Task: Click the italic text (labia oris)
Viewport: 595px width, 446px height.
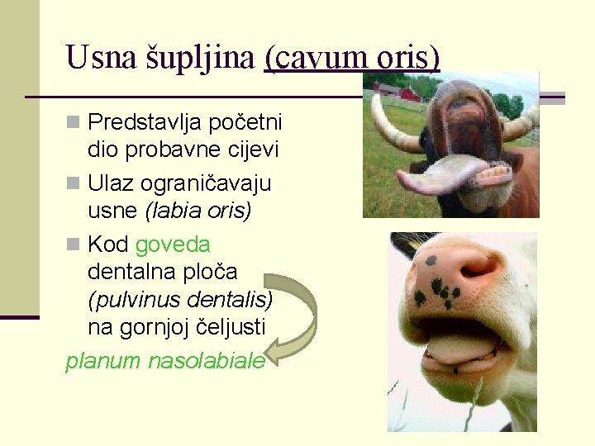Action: (198, 211)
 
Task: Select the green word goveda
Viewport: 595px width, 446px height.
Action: (173, 244)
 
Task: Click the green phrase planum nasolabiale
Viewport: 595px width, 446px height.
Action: (164, 361)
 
